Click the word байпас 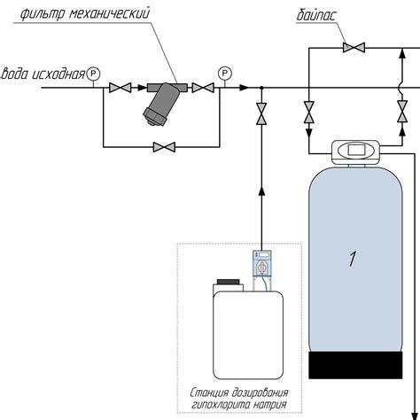click(x=316, y=16)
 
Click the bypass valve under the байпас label click(x=354, y=48)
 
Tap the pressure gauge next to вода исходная click(x=93, y=74)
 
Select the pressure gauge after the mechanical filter click(x=225, y=74)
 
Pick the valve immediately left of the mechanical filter click(x=120, y=88)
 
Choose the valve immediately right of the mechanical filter click(x=203, y=88)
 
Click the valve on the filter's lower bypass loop click(x=164, y=147)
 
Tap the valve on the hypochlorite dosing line click(x=261, y=113)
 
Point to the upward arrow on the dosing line click(x=261, y=191)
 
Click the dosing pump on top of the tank click(x=262, y=264)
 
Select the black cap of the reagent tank click(x=228, y=282)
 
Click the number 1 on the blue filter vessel click(x=353, y=259)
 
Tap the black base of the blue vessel click(x=355, y=365)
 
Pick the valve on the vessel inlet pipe click(x=309, y=112)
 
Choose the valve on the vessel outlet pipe click(x=402, y=112)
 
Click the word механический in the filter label click(x=109, y=14)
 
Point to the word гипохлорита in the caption click(x=218, y=404)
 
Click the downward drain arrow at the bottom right click(x=414, y=415)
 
